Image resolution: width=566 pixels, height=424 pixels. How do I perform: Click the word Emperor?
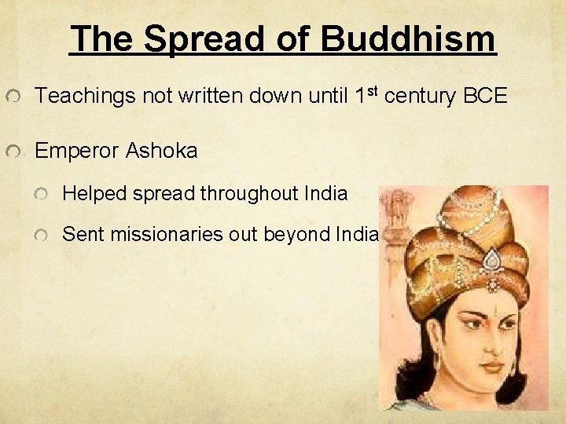pos(76,151)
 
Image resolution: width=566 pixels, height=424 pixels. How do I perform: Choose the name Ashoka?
pos(161,151)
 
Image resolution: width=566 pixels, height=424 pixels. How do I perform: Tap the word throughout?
pos(249,193)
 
